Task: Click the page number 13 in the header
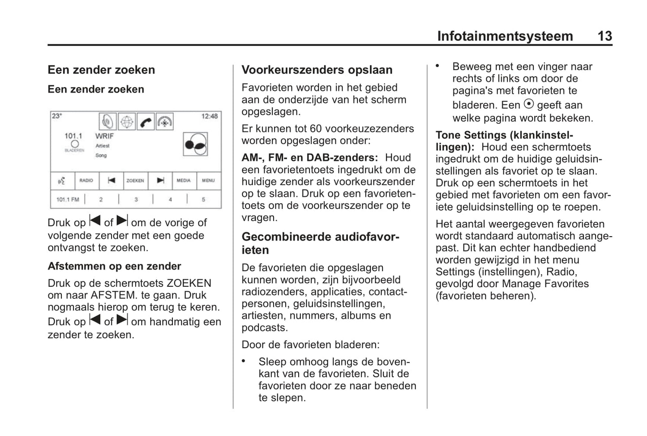tap(604, 36)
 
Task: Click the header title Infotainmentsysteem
tap(505, 36)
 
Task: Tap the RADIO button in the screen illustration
tap(86, 181)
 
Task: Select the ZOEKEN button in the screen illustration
tap(135, 181)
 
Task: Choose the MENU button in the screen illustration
tap(208, 181)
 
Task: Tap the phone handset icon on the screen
tap(146, 121)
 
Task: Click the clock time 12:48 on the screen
tap(210, 116)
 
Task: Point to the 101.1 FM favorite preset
tap(68, 199)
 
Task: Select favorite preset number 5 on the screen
tap(203, 199)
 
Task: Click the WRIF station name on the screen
tap(104, 136)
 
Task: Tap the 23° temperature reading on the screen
tap(57, 116)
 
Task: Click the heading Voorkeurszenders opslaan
tap(317, 70)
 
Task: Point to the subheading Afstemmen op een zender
tap(114, 266)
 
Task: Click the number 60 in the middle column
tap(316, 129)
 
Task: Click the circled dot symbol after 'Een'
tap(529, 104)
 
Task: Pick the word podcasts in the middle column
tap(264, 328)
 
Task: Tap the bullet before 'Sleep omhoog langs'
tap(244, 360)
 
